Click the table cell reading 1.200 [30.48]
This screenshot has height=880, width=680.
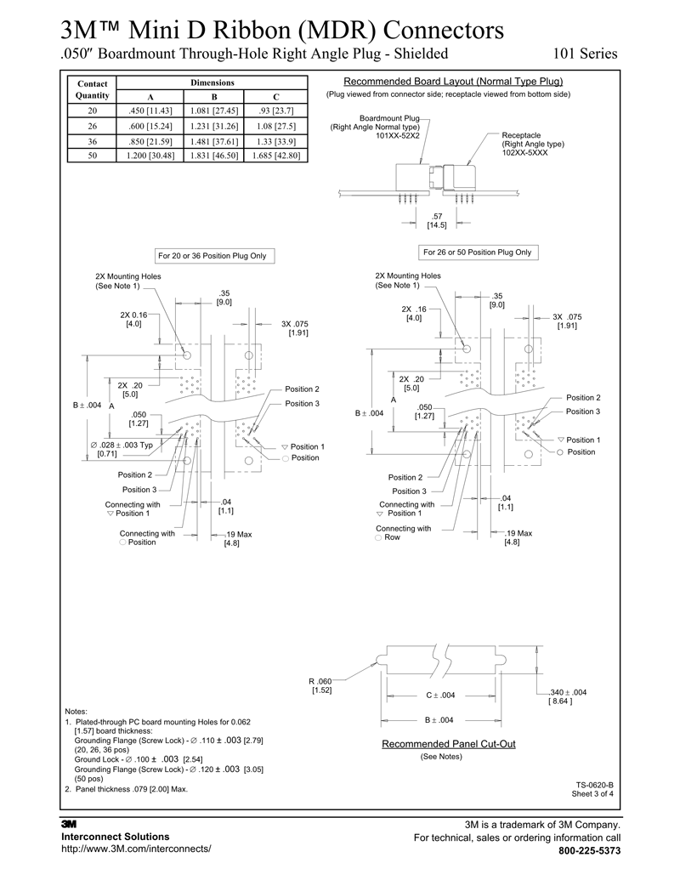pyautogui.click(x=148, y=156)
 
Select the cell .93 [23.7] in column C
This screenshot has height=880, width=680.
pyautogui.click(x=275, y=111)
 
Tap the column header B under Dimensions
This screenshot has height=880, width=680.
pyautogui.click(x=212, y=96)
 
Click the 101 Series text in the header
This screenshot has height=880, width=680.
pyautogui.click(x=585, y=54)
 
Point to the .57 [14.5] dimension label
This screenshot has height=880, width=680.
pyautogui.click(x=437, y=221)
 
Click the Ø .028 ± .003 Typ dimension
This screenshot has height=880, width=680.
pyautogui.click(x=122, y=445)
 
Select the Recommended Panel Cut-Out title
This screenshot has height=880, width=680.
pyautogui.click(x=448, y=744)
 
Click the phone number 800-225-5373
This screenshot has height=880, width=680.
pyautogui.click(x=589, y=851)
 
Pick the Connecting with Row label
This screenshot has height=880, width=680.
pyautogui.click(x=403, y=533)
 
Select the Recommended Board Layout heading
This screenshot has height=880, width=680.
pyautogui.click(x=453, y=82)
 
